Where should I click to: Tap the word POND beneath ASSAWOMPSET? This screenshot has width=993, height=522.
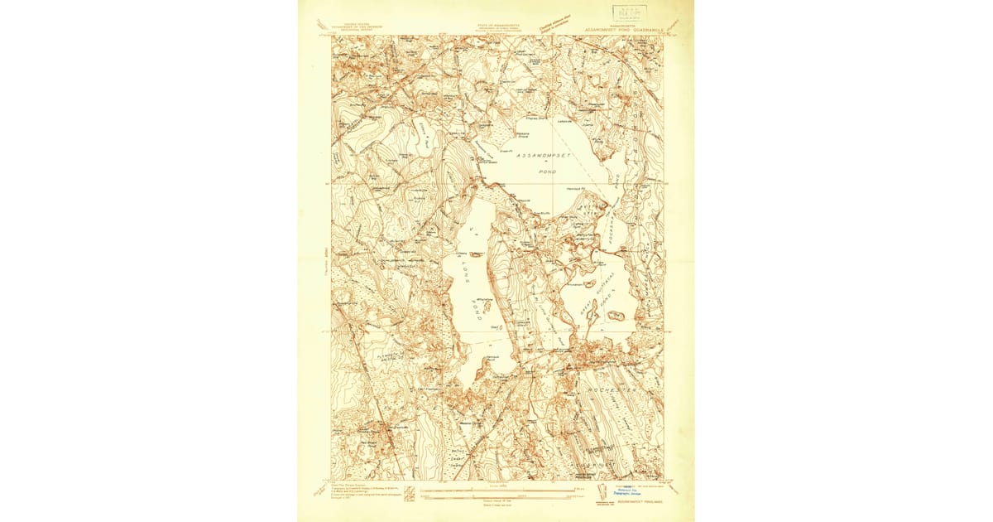click(547, 172)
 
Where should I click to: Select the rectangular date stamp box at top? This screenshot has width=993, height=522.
click(630, 12)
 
